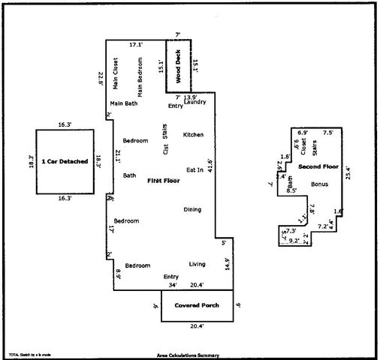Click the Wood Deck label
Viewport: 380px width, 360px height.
tap(179, 67)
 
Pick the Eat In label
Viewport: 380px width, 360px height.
tap(194, 170)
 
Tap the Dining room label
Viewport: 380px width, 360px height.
tap(192, 209)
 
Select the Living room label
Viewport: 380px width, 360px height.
tap(198, 264)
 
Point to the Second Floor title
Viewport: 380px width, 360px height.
tap(318, 166)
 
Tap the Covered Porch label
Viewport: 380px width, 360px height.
tap(196, 307)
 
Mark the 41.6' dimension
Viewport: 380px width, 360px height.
tap(219, 166)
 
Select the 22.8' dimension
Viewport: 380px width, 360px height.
tap(101, 78)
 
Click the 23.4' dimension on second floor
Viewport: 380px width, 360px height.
tap(348, 173)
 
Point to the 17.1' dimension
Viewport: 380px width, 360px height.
tap(135, 45)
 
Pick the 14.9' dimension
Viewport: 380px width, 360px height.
tap(228, 264)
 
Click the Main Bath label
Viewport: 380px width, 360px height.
tap(123, 103)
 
